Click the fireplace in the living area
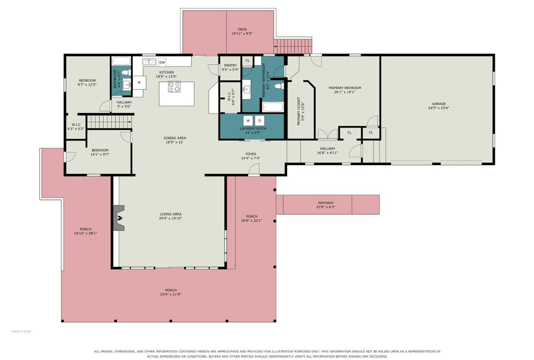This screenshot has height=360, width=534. [x=119, y=218]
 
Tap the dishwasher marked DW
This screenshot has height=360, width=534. [x=162, y=62]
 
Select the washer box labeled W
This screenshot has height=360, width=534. [x=248, y=121]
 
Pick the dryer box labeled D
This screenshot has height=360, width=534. [x=260, y=121]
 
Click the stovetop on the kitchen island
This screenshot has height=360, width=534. [x=174, y=86]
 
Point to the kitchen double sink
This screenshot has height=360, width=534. [x=149, y=62]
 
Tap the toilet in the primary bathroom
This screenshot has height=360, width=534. [x=279, y=86]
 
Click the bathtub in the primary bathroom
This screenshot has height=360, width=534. [x=273, y=107]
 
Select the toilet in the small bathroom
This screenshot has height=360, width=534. [x=126, y=72]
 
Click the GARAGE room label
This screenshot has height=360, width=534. [x=439, y=104]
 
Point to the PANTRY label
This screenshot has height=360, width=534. [x=231, y=65]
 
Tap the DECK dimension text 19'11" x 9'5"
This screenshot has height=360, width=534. [x=242, y=34]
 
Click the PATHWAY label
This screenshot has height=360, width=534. [x=326, y=203]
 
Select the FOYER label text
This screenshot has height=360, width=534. [x=251, y=154]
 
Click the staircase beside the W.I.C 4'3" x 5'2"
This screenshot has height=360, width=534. [x=109, y=122]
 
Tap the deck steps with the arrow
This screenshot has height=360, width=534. [x=293, y=46]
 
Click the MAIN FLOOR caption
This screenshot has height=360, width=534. [x=21, y=331]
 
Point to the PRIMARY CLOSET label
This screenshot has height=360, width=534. [x=299, y=111]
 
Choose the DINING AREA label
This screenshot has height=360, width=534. [x=175, y=138]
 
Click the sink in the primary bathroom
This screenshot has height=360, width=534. [x=246, y=90]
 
